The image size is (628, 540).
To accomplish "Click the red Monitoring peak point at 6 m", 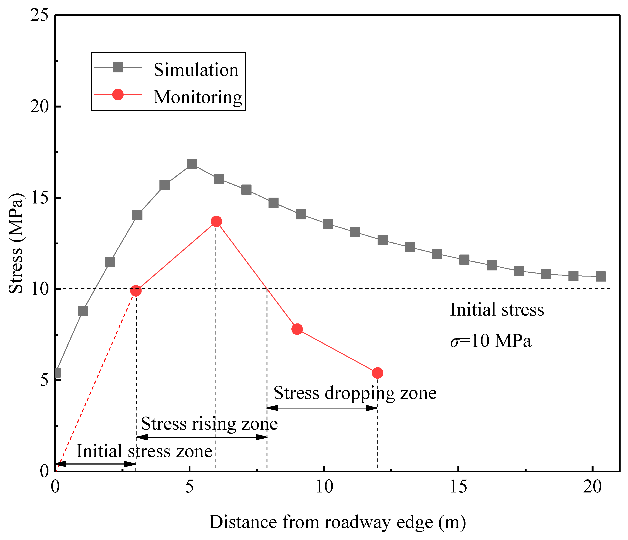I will click(x=216, y=222).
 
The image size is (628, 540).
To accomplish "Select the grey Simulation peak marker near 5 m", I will click(x=192, y=164).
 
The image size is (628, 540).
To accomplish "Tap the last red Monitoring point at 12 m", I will click(x=377, y=373).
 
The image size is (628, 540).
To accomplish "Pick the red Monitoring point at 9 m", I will click(x=297, y=329).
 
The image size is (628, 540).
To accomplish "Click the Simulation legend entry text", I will click(x=196, y=70).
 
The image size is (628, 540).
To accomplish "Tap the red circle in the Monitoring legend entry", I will click(x=118, y=95).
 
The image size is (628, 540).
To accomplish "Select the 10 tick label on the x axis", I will click(x=324, y=487).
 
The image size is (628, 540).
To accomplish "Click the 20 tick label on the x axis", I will click(x=592, y=487).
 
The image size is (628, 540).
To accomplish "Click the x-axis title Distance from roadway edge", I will click(x=337, y=522).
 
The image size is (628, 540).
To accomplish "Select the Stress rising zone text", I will click(x=209, y=424).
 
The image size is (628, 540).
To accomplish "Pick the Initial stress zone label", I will click(x=144, y=451).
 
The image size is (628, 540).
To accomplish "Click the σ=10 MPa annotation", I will click(x=490, y=341).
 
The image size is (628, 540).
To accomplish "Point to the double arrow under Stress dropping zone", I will click(x=322, y=408).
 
